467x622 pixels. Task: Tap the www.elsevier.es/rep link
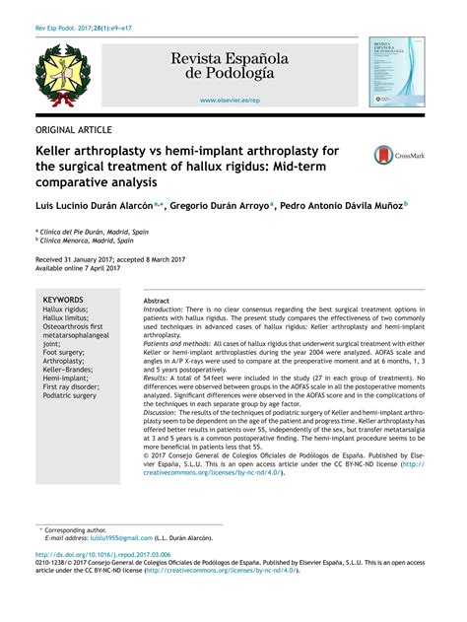click(x=230, y=101)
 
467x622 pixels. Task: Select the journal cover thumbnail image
click(x=390, y=72)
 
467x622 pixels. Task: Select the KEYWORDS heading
click(x=64, y=298)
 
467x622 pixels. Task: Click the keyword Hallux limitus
click(x=66, y=318)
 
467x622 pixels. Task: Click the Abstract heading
click(x=157, y=300)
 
